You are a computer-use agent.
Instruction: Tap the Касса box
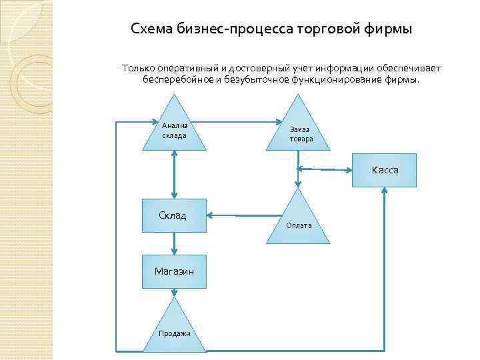pos(385,170)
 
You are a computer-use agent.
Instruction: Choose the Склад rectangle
pos(173,216)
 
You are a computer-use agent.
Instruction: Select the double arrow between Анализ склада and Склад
pos(174,174)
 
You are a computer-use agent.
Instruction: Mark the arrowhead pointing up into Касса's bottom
pos(385,191)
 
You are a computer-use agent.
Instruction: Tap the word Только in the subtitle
pos(137,69)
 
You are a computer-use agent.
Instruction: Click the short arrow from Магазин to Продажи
pos(174,291)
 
